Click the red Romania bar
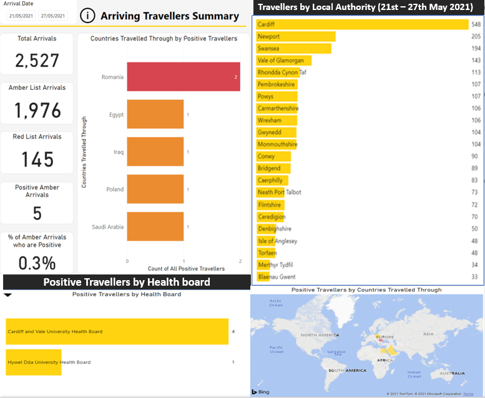(184, 77)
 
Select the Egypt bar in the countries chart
(155, 115)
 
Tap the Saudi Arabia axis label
(107, 227)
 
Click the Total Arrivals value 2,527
(37, 61)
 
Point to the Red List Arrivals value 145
(37, 160)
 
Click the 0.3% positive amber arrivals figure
(37, 263)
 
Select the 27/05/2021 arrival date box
(54, 16)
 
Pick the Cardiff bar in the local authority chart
(362, 24)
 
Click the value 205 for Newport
(476, 37)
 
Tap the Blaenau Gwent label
(277, 277)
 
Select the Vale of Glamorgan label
(281, 61)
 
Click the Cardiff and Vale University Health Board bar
(117, 331)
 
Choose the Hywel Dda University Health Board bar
(34, 362)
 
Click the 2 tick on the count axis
(240, 261)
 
